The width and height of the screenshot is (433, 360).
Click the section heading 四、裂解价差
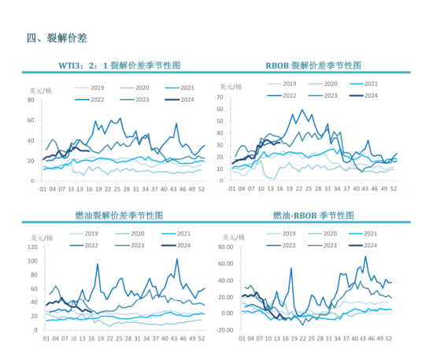pos(56,38)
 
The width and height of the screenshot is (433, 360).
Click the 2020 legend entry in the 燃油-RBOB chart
pos(331,233)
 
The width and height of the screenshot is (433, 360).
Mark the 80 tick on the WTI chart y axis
pos(30,100)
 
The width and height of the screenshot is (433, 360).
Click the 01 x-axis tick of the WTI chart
pos(44,189)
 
